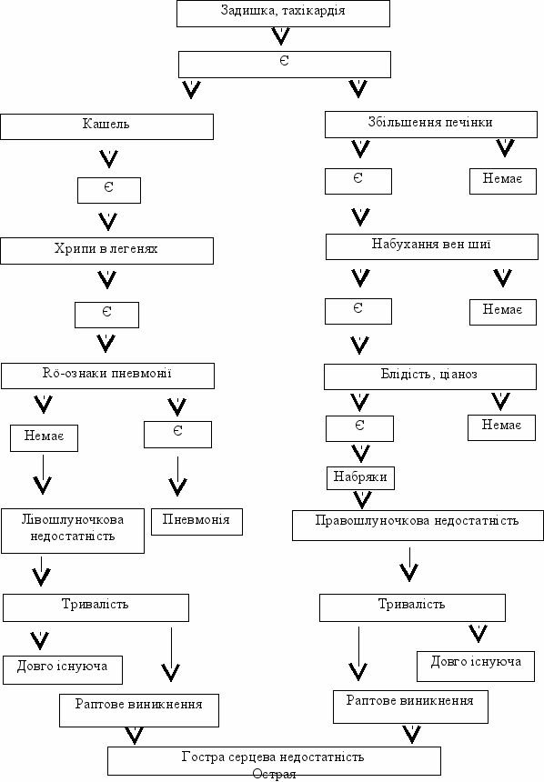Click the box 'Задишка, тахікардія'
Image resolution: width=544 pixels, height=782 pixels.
pyautogui.click(x=283, y=14)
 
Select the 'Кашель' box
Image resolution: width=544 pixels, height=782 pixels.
pyautogui.click(x=106, y=126)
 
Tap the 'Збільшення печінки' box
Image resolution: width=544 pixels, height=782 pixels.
pyautogui.click(x=431, y=125)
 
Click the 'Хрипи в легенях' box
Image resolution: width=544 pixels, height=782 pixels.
pyautogui.click(x=106, y=251)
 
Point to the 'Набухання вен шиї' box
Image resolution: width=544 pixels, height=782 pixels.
pyautogui.click(x=432, y=246)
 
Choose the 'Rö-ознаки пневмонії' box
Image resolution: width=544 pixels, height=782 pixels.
pyautogui.click(x=108, y=376)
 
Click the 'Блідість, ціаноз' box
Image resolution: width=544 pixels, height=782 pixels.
pyautogui.click(x=430, y=376)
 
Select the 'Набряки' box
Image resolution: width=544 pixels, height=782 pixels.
pyautogui.click(x=360, y=478)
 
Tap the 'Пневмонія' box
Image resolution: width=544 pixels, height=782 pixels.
pyautogui.click(x=196, y=522)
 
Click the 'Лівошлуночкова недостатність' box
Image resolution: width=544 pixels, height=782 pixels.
pyautogui.click(x=73, y=531)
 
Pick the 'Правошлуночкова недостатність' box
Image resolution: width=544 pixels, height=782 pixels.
pyautogui.click(x=418, y=526)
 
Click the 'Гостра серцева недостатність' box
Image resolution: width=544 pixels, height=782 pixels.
pyautogui.click(x=274, y=760)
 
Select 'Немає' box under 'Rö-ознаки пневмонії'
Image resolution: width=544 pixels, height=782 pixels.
pyautogui.click(x=44, y=438)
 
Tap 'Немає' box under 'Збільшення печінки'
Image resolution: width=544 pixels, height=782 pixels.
pyautogui.click(x=502, y=181)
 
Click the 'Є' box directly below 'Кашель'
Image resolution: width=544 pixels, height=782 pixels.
pyautogui.click(x=109, y=190)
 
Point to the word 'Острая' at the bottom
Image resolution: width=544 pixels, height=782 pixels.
pyautogui.click(x=274, y=774)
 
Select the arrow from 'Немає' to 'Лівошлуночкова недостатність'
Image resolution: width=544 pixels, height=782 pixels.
pyautogui.click(x=43, y=474)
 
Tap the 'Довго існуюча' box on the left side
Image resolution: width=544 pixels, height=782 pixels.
pyautogui.click(x=63, y=670)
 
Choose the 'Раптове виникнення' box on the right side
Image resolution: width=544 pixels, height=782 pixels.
pyautogui.click(x=410, y=707)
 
